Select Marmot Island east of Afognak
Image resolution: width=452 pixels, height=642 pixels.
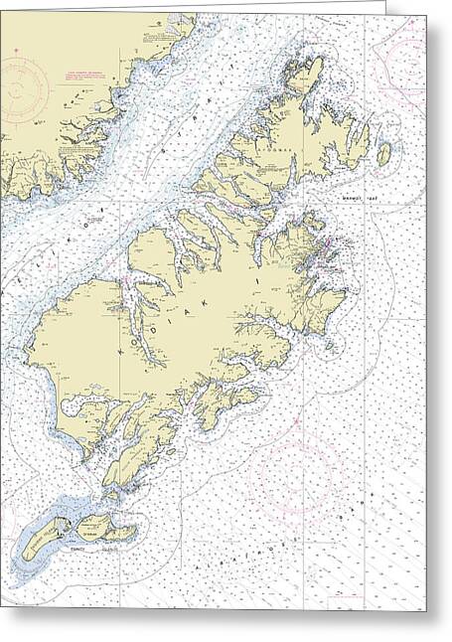pos(383,155)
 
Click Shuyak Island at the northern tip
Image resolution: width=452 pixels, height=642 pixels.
pos(304,75)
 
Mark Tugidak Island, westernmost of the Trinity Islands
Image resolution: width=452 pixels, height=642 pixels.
pos(43,537)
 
